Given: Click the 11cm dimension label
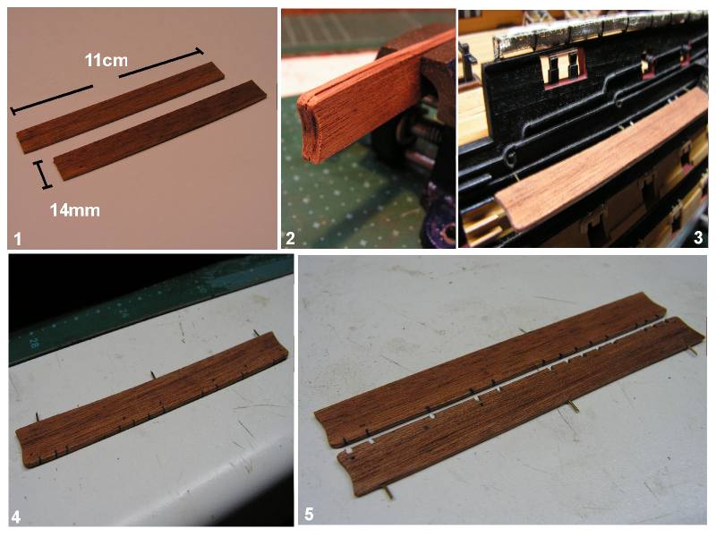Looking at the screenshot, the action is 106,60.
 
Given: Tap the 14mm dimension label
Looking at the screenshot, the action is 75,210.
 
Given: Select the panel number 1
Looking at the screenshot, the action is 17,239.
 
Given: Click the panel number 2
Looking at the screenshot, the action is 290,239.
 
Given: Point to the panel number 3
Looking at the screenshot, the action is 698,238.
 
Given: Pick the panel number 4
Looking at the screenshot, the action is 16,517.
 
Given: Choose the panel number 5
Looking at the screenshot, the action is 309,514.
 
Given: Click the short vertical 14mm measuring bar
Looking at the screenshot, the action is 42,175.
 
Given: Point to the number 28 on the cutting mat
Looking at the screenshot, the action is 34,342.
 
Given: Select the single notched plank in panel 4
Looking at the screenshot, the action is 153,398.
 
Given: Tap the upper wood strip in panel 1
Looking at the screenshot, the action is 121,107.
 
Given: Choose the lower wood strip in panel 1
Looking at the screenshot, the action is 160,130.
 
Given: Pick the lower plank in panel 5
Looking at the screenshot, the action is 521,406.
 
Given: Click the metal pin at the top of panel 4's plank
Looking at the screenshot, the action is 257,333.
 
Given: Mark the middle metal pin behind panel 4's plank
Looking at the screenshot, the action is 153,375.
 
